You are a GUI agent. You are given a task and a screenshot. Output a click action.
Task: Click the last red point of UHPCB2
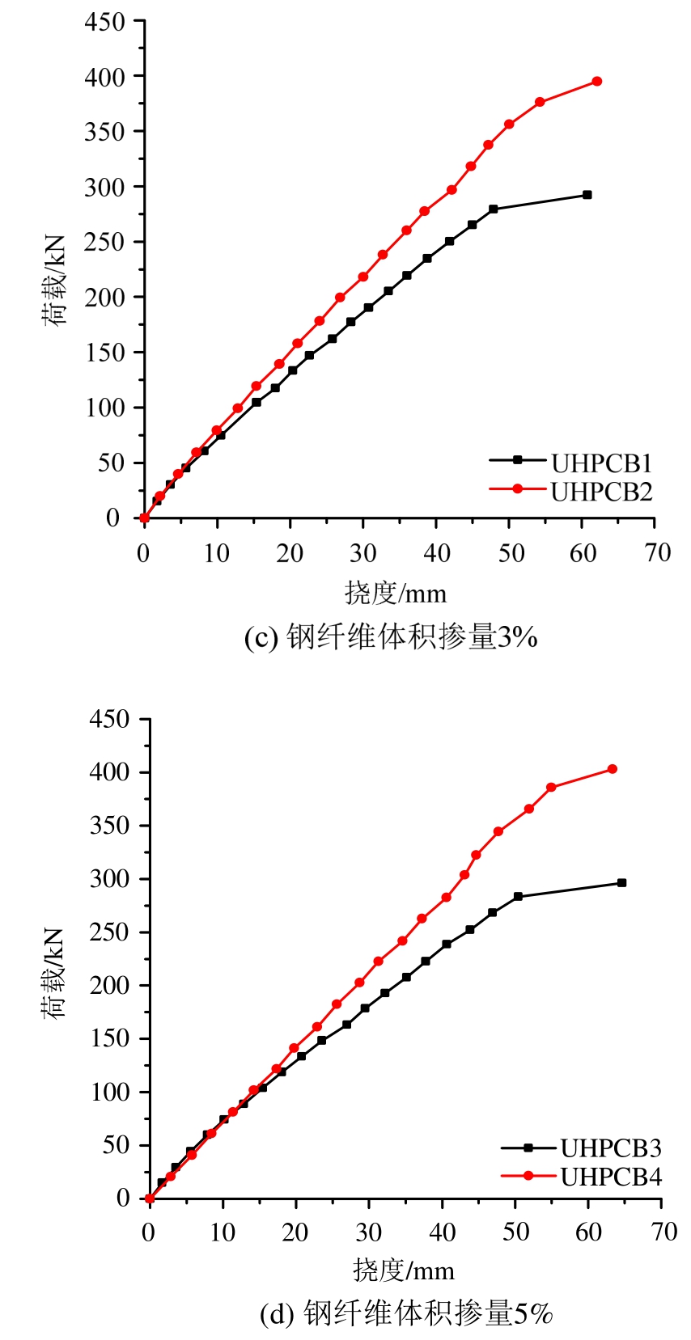[597, 81]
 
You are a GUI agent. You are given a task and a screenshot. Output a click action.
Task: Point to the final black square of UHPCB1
[587, 195]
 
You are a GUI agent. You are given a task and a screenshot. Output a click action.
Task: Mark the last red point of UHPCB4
[613, 769]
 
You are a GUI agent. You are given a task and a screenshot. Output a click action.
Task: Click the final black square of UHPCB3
[622, 883]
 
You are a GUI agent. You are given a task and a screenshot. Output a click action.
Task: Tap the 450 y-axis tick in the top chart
[105, 22]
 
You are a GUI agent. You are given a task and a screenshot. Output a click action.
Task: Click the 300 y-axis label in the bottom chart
[109, 878]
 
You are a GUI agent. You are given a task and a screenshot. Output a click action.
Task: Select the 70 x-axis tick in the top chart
[657, 553]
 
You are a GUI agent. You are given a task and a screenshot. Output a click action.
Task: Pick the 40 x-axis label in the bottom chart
[442, 1232]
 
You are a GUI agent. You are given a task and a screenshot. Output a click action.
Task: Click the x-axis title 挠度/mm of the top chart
[396, 594]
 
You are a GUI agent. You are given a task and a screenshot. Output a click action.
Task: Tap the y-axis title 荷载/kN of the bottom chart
[53, 973]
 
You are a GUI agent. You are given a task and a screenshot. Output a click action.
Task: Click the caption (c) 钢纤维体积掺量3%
[391, 637]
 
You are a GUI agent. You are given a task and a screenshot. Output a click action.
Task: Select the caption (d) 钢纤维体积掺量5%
[406, 1313]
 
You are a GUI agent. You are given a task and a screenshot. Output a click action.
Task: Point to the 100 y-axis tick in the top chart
[105, 408]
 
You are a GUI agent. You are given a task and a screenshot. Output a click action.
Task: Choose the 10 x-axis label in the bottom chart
[223, 1232]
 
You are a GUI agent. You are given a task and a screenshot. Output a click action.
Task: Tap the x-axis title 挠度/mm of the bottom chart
[403, 1270]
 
